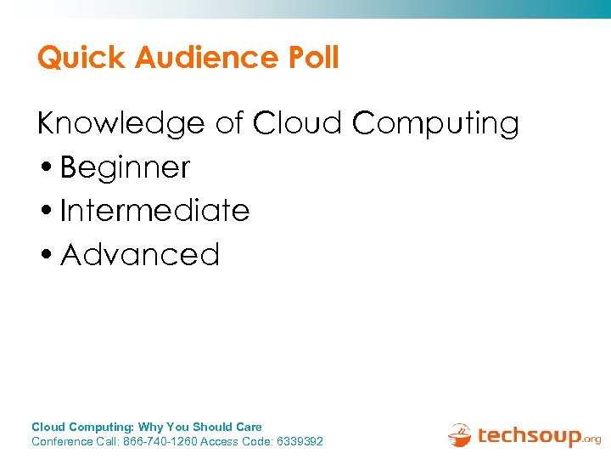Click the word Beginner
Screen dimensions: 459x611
pyautogui.click(x=126, y=167)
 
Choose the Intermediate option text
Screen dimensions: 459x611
pyautogui.click(x=155, y=211)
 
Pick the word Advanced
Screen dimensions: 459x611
pyautogui.click(x=141, y=254)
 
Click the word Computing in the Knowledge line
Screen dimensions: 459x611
pyautogui.click(x=435, y=124)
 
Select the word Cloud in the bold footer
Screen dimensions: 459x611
pyautogui.click(x=48, y=427)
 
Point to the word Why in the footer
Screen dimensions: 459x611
pyautogui.click(x=150, y=427)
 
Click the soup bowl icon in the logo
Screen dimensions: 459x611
pyautogui.click(x=459, y=434)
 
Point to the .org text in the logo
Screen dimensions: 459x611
pyautogui.click(x=591, y=439)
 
